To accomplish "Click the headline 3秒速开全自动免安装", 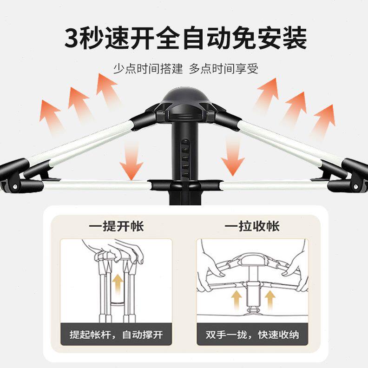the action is click(185, 38).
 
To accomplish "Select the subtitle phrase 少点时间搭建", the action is click(147, 69).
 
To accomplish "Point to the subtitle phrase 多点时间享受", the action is click(223, 69).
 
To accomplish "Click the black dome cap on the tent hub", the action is click(184, 97).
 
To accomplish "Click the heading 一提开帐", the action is click(116, 226).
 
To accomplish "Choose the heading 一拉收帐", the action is click(252, 226).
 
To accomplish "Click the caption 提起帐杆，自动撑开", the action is click(116, 335).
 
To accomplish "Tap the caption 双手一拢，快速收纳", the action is click(252, 335).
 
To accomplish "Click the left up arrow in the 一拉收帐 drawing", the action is click(237, 298).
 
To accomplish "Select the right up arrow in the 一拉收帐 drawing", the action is click(269, 298).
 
